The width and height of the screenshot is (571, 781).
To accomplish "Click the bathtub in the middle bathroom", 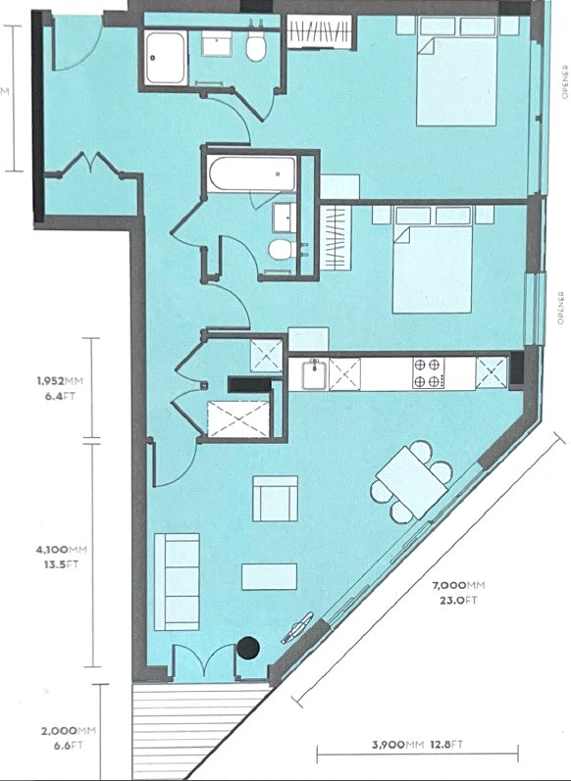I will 251,175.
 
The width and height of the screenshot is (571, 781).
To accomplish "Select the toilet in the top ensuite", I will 257,49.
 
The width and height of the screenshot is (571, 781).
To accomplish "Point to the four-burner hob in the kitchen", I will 427,373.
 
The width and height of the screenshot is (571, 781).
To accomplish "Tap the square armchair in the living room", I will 276,499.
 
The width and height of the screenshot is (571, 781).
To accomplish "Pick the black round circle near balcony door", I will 249,647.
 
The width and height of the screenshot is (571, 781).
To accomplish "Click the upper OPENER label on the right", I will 563,82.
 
